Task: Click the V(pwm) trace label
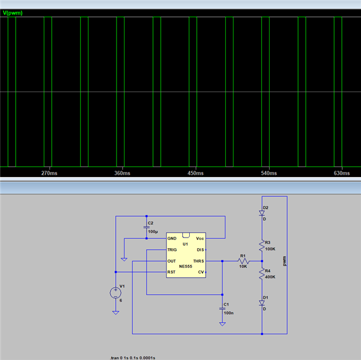click(x=13, y=12)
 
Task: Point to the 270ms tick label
click(x=49, y=173)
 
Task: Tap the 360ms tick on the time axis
click(x=122, y=173)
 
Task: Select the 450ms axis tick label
click(x=195, y=173)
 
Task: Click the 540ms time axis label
click(x=268, y=173)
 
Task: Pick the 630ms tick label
click(x=341, y=173)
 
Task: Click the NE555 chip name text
click(x=186, y=266)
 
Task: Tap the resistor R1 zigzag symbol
click(x=243, y=260)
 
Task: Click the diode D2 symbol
click(x=262, y=213)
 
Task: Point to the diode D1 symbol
click(x=262, y=303)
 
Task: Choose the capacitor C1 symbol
click(x=222, y=306)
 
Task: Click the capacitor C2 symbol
click(x=146, y=226)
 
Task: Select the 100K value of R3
click(x=271, y=249)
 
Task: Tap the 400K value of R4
click(x=271, y=277)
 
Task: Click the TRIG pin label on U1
click(x=172, y=249)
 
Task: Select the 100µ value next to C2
click(x=152, y=232)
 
